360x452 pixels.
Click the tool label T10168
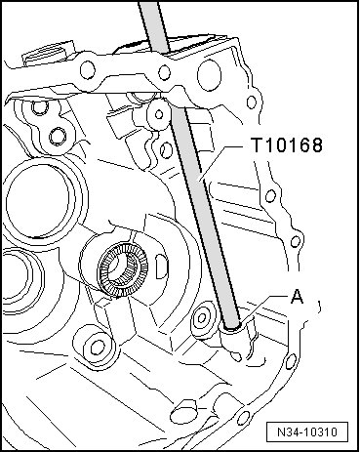coord(288,145)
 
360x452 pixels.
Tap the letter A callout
coord(297,297)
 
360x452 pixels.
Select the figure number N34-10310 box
coord(307,432)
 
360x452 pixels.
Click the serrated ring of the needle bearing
coord(123,268)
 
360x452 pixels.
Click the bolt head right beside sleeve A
coord(202,317)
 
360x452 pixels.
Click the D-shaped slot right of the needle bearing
coord(162,267)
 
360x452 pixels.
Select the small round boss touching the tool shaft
coord(159,114)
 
